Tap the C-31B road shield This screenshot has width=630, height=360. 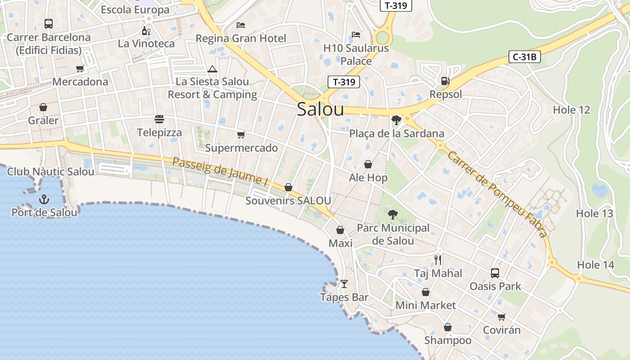click(524, 57)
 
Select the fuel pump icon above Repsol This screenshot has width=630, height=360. click(445, 81)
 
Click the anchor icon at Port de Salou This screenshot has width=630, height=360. click(44, 199)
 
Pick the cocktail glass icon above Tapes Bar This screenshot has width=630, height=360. click(344, 283)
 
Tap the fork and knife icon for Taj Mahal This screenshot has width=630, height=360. click(438, 260)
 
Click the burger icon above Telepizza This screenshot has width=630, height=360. click(159, 119)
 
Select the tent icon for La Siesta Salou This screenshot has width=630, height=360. click(212, 69)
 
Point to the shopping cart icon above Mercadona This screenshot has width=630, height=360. click(80, 68)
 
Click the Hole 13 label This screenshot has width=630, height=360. click(594, 213)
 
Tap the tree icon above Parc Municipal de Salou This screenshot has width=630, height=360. click(393, 214)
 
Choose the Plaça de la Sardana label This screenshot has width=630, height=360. click(396, 133)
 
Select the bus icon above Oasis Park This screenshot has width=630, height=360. click(495, 273)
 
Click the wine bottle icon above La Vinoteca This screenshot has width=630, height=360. click(146, 31)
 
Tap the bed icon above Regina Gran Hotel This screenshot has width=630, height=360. click(241, 25)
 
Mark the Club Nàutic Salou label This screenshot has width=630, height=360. click(51, 171)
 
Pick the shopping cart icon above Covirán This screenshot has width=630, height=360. click(501, 317)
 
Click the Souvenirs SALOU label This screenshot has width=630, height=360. click(288, 201)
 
